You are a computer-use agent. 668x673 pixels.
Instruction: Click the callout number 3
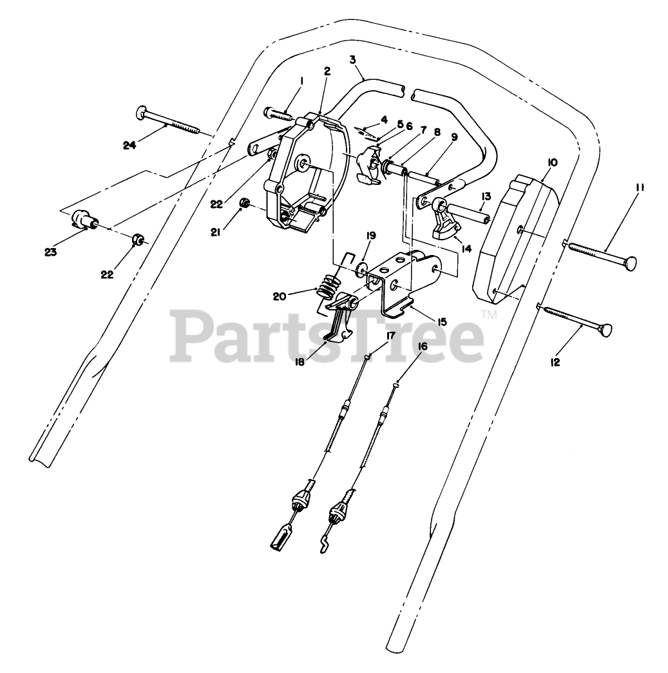352,60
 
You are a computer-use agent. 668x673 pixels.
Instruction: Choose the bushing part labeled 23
82,218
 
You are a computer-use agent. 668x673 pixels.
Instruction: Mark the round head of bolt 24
142,114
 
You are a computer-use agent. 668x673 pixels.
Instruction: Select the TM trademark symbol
489,315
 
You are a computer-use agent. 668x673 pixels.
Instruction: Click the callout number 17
390,335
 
